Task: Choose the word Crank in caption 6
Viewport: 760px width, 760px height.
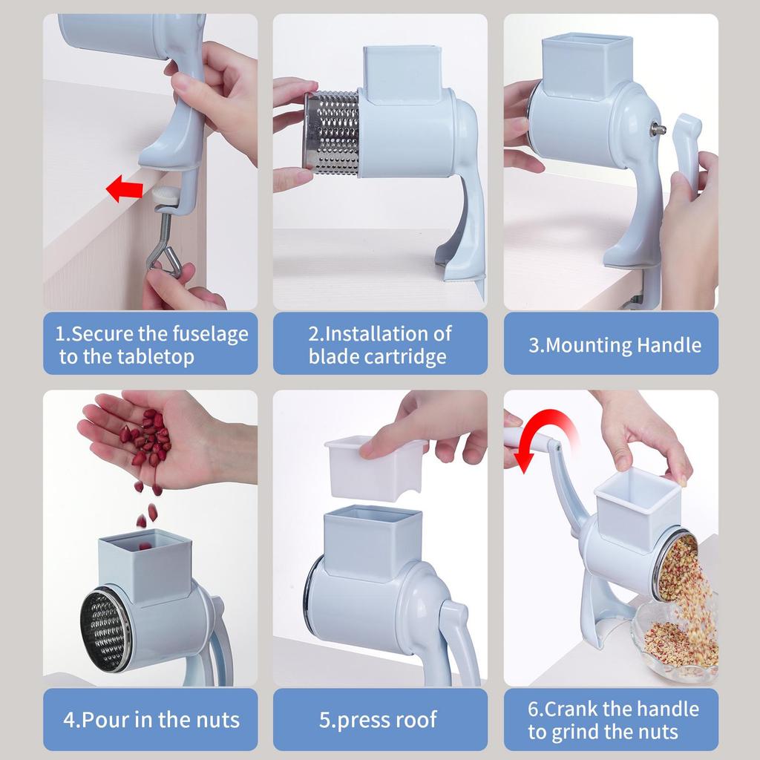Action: [567, 709]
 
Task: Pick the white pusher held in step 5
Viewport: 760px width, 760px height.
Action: [376, 468]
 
